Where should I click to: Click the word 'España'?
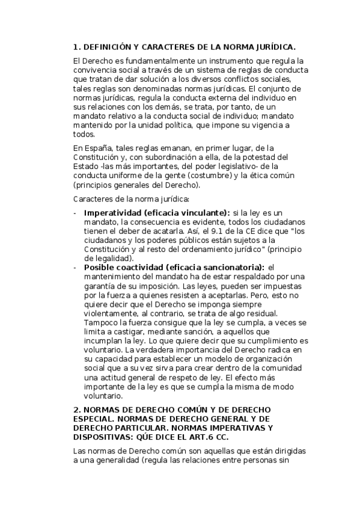click(99, 148)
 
